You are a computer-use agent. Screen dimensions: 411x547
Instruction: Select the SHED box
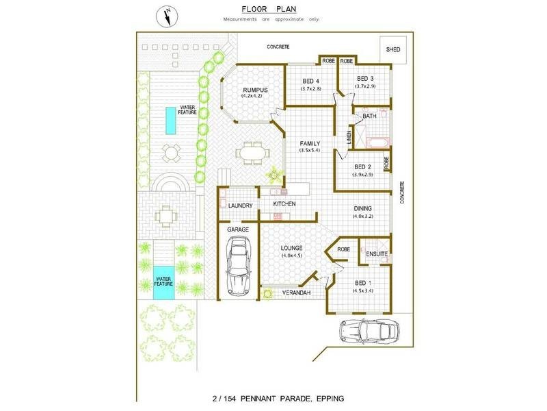(392, 50)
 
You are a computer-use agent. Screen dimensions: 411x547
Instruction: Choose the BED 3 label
(366, 79)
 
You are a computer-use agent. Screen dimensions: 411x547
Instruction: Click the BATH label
(369, 116)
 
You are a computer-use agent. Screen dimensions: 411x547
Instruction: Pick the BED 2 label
(363, 167)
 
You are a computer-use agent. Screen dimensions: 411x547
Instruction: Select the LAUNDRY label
(241, 206)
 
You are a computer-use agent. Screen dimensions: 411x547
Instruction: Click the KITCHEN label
(285, 204)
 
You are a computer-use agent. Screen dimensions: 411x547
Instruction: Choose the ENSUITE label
(377, 255)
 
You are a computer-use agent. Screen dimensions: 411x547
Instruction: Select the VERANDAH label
(298, 293)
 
